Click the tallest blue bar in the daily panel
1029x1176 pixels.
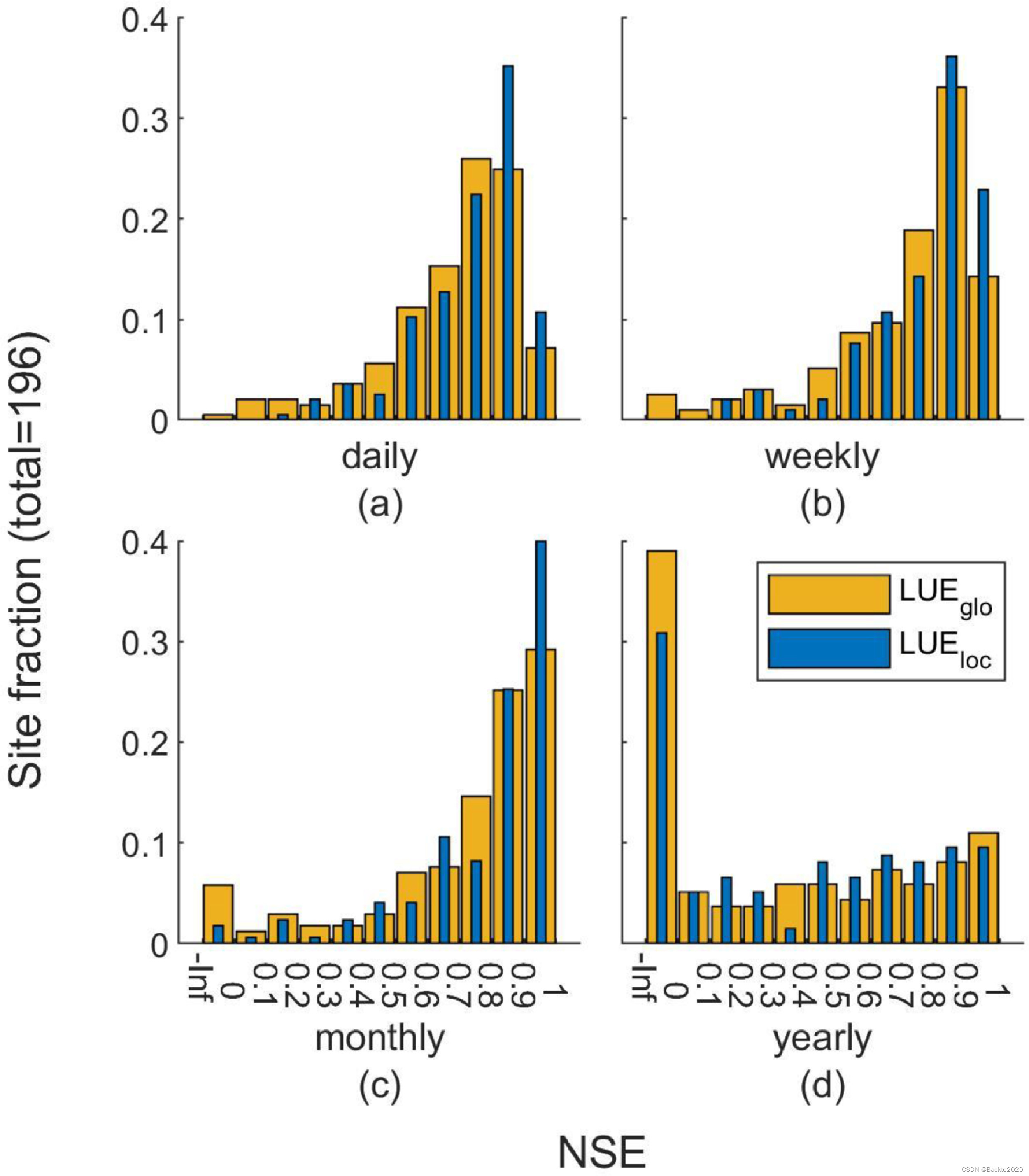[x=508, y=241]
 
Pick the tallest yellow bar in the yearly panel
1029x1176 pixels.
[x=661, y=747]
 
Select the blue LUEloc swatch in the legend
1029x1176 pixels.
[x=829, y=648]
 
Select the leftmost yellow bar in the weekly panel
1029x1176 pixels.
[x=661, y=406]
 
